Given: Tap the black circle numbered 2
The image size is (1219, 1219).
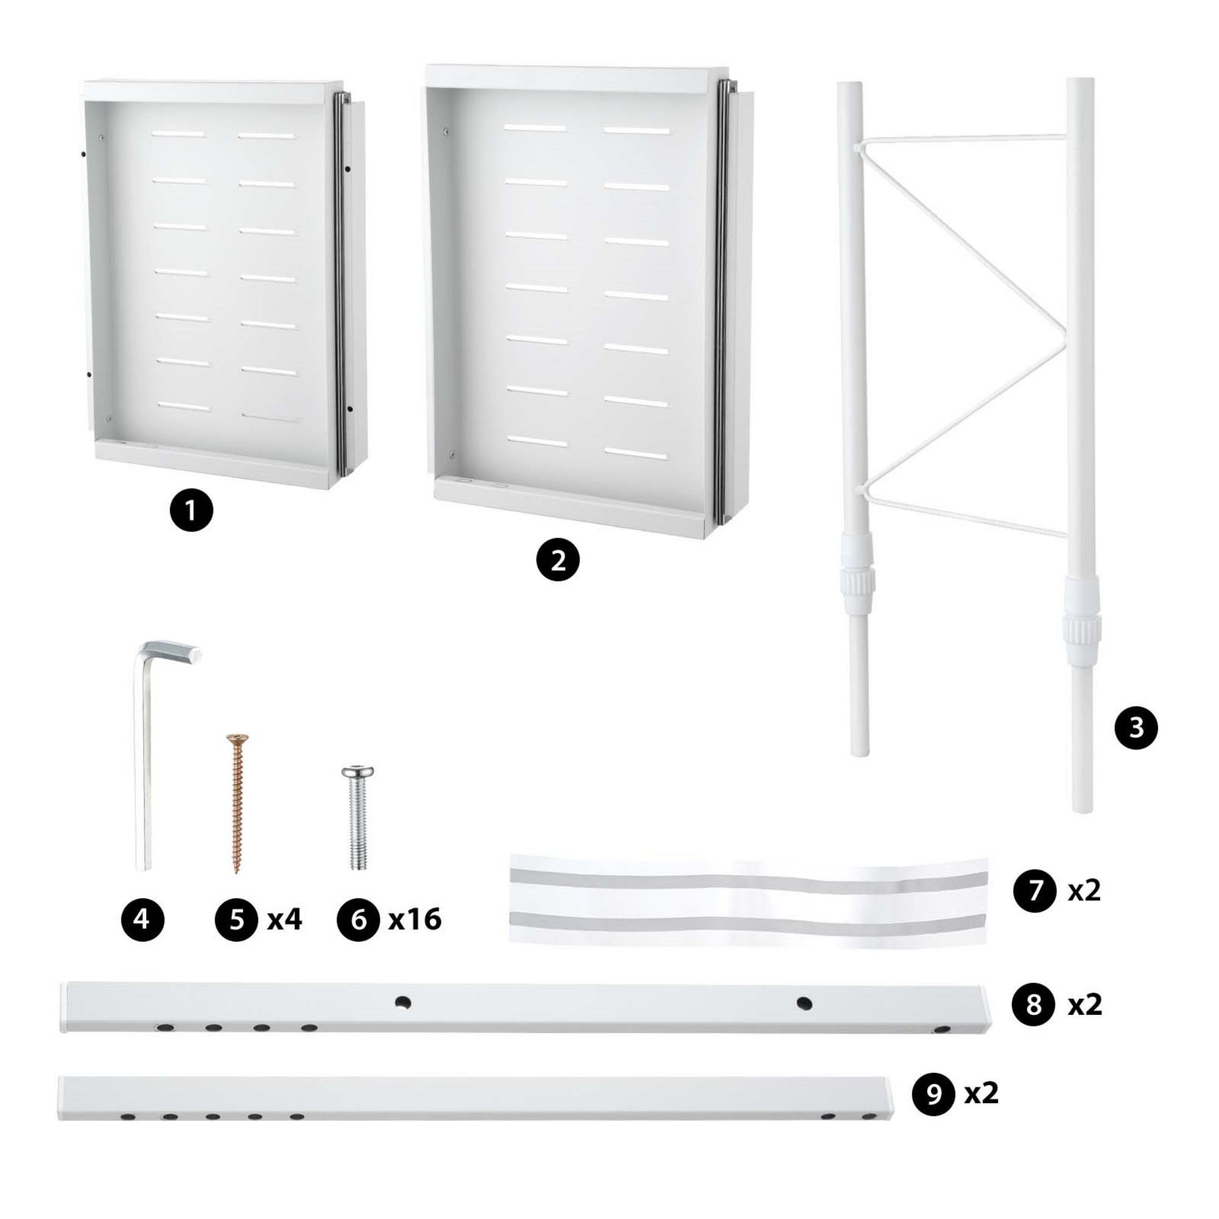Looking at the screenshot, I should (558, 560).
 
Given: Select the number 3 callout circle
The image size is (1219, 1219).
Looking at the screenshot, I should (1135, 728).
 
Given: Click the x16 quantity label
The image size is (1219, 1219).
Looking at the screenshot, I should (414, 919).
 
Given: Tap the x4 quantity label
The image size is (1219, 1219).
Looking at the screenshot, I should (285, 919).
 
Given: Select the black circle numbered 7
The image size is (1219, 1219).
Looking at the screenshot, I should (1035, 890).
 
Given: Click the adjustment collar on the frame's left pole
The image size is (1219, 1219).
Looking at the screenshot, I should (856, 575).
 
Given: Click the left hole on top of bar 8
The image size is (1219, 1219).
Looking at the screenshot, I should (402, 1002).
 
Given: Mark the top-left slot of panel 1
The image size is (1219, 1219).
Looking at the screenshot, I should (179, 134).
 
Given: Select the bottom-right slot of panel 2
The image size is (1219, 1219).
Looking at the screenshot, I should (635, 453).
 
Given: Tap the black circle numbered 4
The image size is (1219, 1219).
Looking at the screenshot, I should (143, 919).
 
